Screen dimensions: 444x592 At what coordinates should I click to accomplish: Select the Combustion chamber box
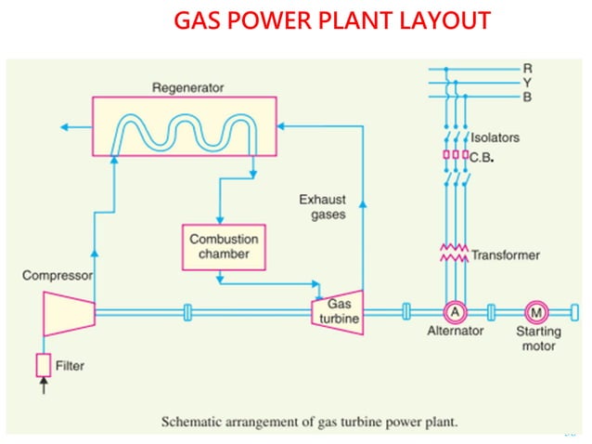pos(224,246)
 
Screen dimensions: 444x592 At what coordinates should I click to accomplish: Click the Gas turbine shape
pos(337,311)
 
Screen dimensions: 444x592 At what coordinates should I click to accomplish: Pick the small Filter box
pos(44,365)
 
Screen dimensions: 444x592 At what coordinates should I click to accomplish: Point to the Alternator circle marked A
pos(455,312)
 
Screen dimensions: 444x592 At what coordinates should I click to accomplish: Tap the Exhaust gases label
pos(324,206)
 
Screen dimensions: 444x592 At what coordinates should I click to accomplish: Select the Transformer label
pos(505,255)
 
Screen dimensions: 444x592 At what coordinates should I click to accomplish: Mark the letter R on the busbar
pos(527,68)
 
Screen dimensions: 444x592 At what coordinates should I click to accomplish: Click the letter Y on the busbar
pos(527,81)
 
